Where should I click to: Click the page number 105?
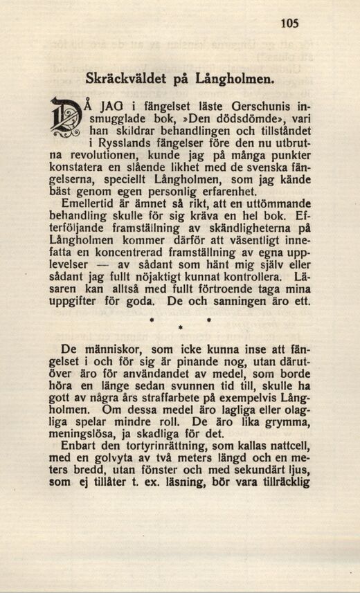click(x=289, y=24)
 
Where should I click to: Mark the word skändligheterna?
click(x=237, y=227)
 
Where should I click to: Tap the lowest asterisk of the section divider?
click(x=180, y=327)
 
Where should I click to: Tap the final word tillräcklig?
click(x=278, y=483)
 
